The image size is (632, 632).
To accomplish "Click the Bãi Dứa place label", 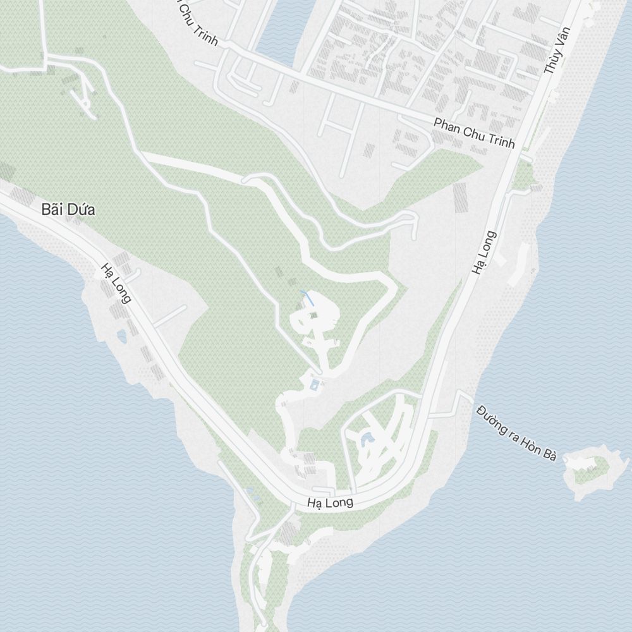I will pyautogui.click(x=68, y=210).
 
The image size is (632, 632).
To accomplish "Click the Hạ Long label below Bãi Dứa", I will pyautogui.click(x=116, y=283).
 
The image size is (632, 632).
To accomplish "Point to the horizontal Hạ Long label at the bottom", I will pyautogui.click(x=329, y=503).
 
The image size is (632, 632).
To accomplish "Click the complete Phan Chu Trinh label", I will pyautogui.click(x=474, y=133).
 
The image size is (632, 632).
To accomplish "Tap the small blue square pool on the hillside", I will pyautogui.click(x=315, y=384).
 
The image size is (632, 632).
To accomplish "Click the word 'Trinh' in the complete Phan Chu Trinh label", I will pyautogui.click(x=502, y=140).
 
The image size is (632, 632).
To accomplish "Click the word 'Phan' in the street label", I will pyautogui.click(x=446, y=125).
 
